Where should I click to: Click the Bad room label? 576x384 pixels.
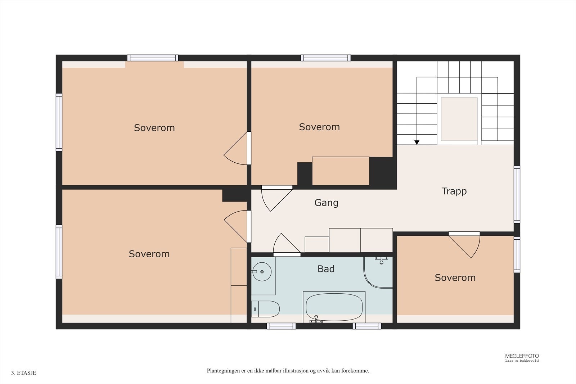point(326,269)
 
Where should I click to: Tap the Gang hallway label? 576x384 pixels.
point(326,203)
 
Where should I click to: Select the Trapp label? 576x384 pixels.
point(454,191)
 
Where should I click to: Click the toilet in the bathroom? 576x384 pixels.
point(265,309)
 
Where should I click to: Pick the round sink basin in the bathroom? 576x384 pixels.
point(262,272)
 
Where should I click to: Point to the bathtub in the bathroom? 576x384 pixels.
point(334,307)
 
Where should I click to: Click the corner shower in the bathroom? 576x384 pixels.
point(378,272)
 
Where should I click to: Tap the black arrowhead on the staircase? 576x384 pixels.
point(417,143)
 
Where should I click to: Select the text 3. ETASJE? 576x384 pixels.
point(24,373)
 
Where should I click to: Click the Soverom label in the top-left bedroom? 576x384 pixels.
point(154,128)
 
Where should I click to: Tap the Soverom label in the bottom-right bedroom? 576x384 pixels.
point(455,277)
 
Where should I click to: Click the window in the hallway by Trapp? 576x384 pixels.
point(517,194)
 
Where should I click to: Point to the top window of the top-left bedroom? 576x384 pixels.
point(153,58)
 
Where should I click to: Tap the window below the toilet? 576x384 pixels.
point(281,326)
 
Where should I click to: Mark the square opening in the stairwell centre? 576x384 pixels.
point(459,119)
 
